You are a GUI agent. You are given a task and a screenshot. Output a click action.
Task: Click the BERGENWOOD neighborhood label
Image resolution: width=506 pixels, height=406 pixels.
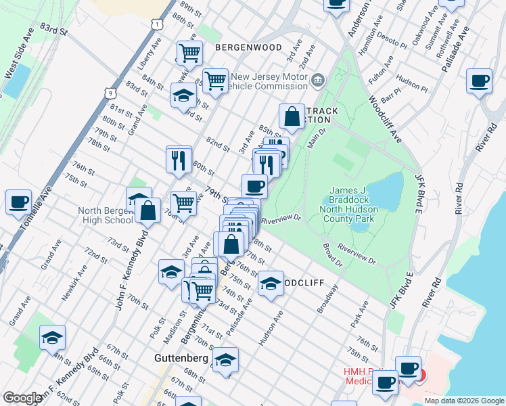(239, 47)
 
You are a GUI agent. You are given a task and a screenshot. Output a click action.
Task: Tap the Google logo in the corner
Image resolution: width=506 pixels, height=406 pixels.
(22, 398)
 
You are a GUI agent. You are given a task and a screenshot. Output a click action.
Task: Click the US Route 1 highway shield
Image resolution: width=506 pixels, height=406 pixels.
(157, 24)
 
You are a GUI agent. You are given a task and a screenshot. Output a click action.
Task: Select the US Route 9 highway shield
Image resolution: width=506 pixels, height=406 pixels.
(110, 90)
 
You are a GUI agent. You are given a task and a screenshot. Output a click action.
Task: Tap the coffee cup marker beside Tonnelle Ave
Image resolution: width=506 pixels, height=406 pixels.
(18, 202)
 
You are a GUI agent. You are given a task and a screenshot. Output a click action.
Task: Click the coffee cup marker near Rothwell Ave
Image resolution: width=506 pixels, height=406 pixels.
(479, 81)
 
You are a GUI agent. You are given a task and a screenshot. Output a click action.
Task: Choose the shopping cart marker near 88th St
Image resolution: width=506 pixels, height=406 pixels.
(189, 53)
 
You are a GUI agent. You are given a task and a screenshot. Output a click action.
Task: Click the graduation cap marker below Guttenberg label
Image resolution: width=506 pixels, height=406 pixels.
(226, 359)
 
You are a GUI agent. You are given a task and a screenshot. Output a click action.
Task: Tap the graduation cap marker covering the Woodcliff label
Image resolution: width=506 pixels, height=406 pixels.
(271, 283)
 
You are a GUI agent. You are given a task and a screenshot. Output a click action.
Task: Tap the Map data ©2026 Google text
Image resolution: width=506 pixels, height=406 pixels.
(463, 401)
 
